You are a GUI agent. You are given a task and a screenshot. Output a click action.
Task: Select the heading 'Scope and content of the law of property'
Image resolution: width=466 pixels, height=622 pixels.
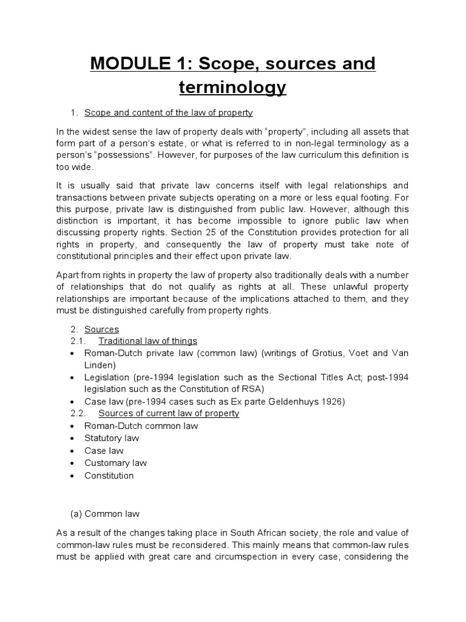point(168,113)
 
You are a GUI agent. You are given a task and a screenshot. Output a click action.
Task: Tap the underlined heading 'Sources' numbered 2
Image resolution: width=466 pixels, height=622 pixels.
point(101,329)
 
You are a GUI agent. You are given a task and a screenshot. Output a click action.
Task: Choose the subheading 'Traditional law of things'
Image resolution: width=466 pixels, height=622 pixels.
point(147,341)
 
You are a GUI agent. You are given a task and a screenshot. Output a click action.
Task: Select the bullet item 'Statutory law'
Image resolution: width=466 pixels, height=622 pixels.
point(112,438)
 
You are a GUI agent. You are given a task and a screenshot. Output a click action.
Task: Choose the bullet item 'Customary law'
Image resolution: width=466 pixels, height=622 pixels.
point(115,463)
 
